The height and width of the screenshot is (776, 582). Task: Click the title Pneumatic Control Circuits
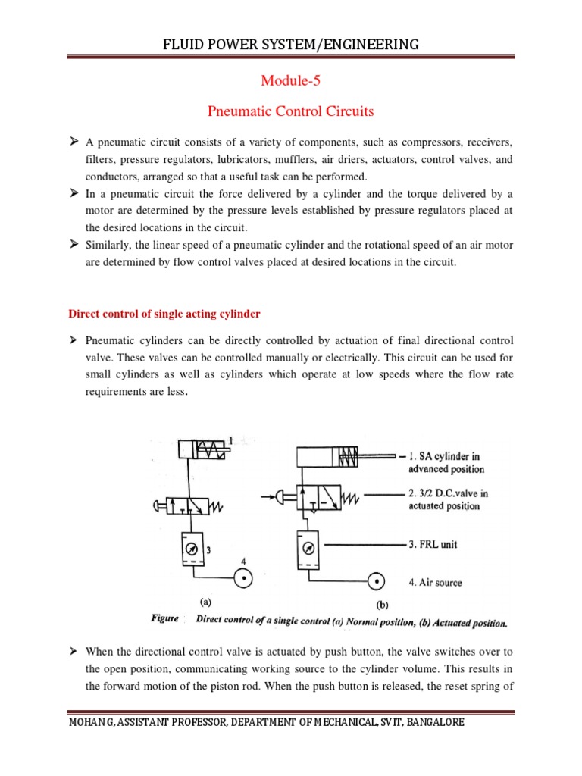pyautogui.click(x=291, y=111)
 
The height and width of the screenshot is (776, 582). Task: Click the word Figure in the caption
pyautogui.click(x=164, y=618)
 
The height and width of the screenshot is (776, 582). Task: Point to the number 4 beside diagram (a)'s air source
pyautogui.click(x=244, y=562)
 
